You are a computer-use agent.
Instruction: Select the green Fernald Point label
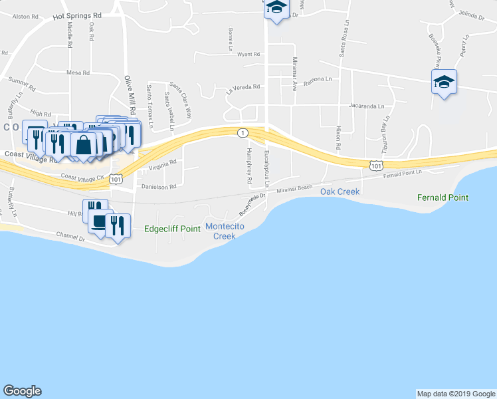pos(443,198)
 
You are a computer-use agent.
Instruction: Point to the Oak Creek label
pos(340,192)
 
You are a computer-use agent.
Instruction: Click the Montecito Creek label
pos(221,231)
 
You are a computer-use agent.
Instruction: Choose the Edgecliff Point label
pos(172,229)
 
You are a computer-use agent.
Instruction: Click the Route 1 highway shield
pos(243,133)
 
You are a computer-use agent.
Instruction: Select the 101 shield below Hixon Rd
pos(377,164)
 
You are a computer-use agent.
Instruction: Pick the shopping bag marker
pos(84,145)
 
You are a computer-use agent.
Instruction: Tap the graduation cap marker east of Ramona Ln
pos(443,82)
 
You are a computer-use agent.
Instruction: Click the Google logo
pos(22,391)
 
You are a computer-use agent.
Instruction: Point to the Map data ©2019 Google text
pos(456,394)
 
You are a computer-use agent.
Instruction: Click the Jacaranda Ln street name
pos(367,106)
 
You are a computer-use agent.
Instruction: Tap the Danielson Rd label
pos(158,187)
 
